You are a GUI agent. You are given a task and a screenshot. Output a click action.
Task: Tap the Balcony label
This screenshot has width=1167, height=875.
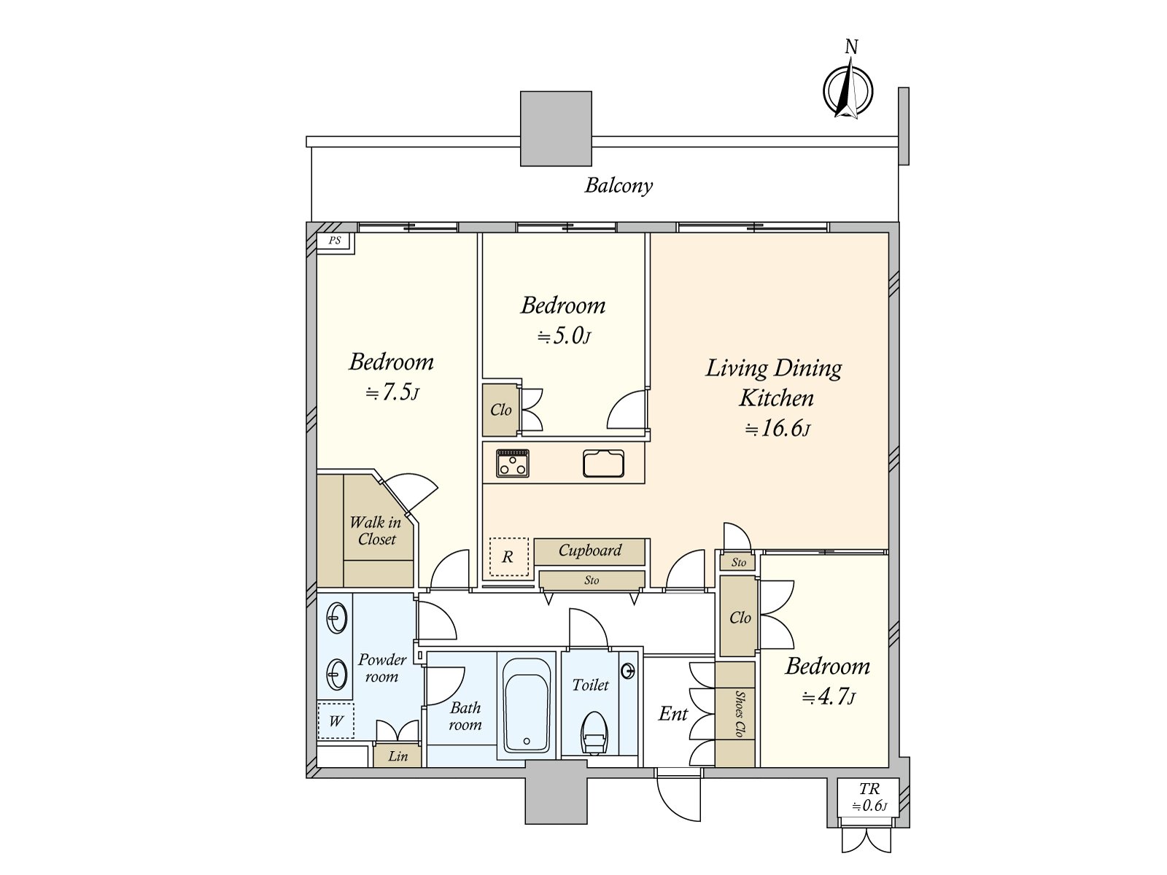pyautogui.click(x=619, y=186)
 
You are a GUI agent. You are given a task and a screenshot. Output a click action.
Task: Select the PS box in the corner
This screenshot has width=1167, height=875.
pyautogui.click(x=336, y=242)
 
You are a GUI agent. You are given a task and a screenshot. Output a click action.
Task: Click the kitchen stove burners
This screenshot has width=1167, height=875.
pyautogui.click(x=513, y=463)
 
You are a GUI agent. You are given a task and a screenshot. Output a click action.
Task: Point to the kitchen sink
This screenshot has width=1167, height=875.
pyautogui.click(x=603, y=463)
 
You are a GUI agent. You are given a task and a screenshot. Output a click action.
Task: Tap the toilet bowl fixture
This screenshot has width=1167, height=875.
pyautogui.click(x=594, y=733)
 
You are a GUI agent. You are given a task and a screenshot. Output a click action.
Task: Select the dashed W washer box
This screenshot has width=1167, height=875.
pyautogui.click(x=336, y=720)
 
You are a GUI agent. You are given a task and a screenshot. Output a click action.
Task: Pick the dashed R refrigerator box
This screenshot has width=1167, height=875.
pyautogui.click(x=509, y=557)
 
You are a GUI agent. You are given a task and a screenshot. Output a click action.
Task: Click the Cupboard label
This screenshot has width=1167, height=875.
pyautogui.click(x=589, y=551)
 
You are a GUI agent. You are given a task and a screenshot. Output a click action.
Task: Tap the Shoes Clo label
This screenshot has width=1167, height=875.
pyautogui.click(x=738, y=714)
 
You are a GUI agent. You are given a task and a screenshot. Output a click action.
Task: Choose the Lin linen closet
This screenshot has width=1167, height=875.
pyautogui.click(x=398, y=756)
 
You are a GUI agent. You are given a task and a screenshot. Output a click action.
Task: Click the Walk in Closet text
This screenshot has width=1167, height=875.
pyautogui.click(x=376, y=531)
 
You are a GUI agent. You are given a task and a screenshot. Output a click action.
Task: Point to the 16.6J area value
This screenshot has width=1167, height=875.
pyautogui.click(x=778, y=429)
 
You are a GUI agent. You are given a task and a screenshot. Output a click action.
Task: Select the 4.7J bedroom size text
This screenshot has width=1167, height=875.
pyautogui.click(x=829, y=697)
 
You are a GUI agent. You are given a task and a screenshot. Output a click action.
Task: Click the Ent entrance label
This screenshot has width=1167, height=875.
pyautogui.click(x=673, y=714)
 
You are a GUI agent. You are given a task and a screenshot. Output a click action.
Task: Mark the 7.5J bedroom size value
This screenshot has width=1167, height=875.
pyautogui.click(x=392, y=392)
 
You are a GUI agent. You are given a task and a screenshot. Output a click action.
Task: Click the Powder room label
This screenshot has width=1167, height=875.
pyautogui.click(x=381, y=668)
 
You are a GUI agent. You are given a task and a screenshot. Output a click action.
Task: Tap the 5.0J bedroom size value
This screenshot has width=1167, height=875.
pyautogui.click(x=564, y=336)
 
